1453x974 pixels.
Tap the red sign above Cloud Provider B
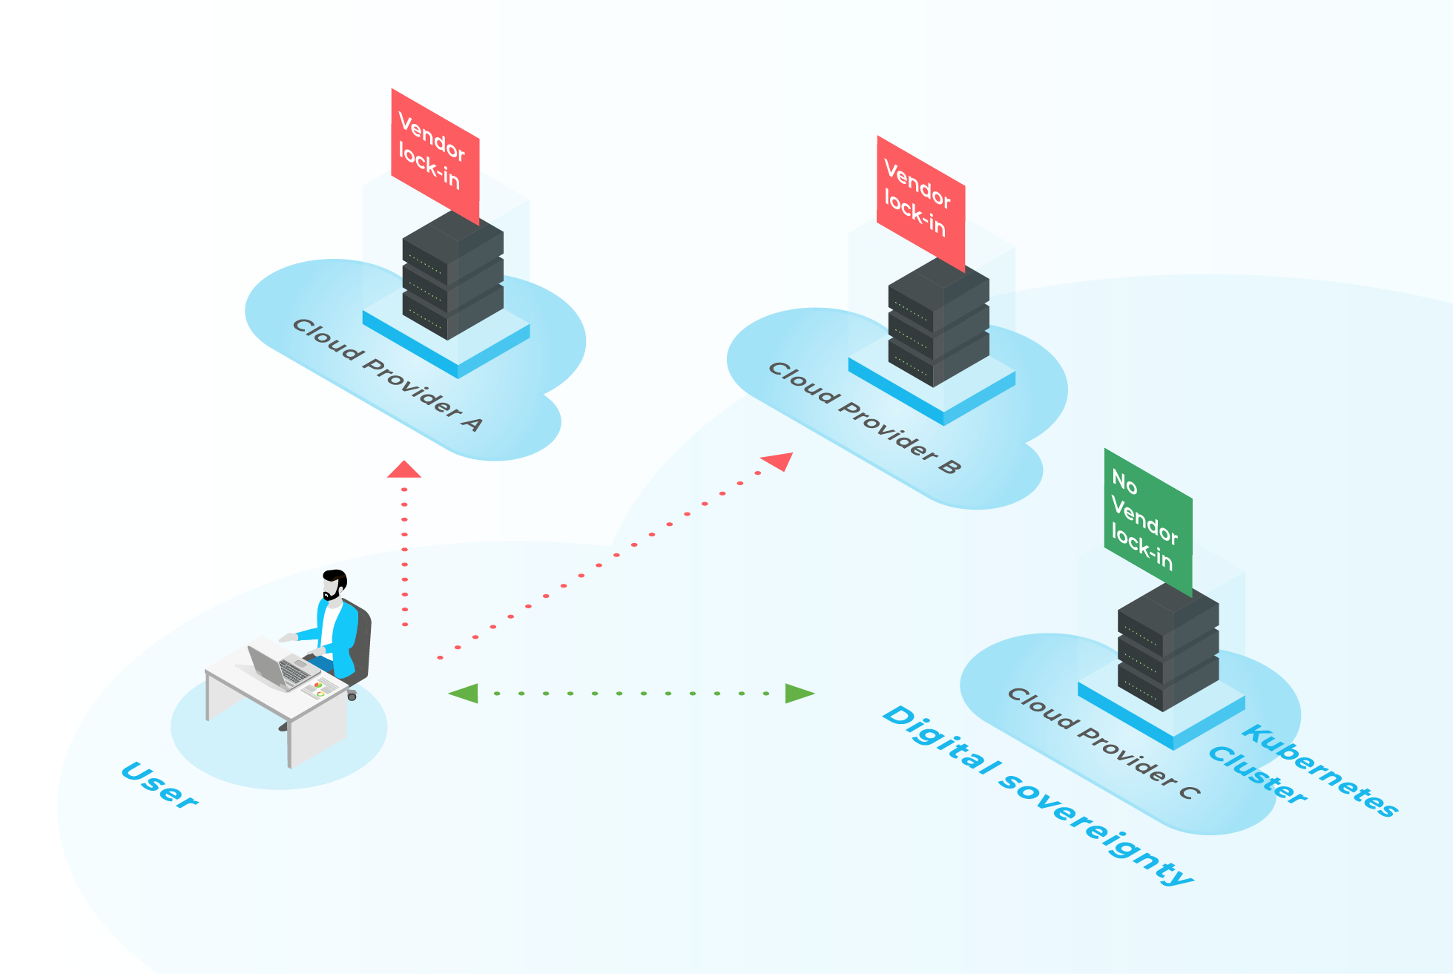tap(920, 202)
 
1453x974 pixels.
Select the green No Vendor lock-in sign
tap(1147, 521)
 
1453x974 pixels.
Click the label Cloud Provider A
tap(387, 375)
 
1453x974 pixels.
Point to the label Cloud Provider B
tap(864, 418)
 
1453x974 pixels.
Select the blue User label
tap(159, 784)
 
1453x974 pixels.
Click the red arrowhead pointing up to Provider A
tap(404, 470)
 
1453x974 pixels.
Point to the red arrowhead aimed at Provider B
tap(780, 461)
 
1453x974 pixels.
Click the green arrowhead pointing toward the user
tap(464, 694)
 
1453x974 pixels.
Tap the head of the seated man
tap(335, 584)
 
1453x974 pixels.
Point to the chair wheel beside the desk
tap(352, 696)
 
